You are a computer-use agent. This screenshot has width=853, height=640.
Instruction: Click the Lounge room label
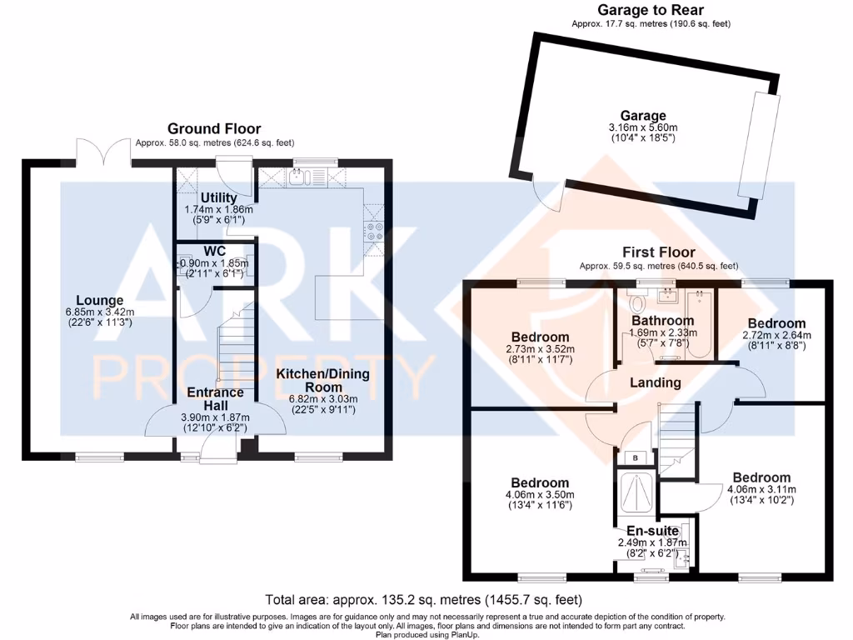[100, 301]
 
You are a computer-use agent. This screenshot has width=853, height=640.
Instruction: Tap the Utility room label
[218, 197]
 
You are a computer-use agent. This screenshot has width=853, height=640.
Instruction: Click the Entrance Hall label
[216, 398]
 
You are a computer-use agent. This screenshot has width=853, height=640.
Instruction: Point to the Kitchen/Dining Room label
[323, 381]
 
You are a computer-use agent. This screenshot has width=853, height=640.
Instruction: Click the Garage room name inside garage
[642, 116]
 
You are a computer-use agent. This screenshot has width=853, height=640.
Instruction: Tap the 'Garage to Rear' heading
[651, 10]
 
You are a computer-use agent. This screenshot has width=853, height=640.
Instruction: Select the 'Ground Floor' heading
[214, 128]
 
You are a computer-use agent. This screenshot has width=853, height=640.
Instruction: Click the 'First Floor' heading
[658, 252]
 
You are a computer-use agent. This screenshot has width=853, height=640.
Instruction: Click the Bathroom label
[662, 321]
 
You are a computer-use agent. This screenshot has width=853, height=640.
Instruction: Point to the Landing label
[656, 382]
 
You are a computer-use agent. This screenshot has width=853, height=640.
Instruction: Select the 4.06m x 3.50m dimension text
[540, 495]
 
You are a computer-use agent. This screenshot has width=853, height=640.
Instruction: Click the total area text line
[423, 599]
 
